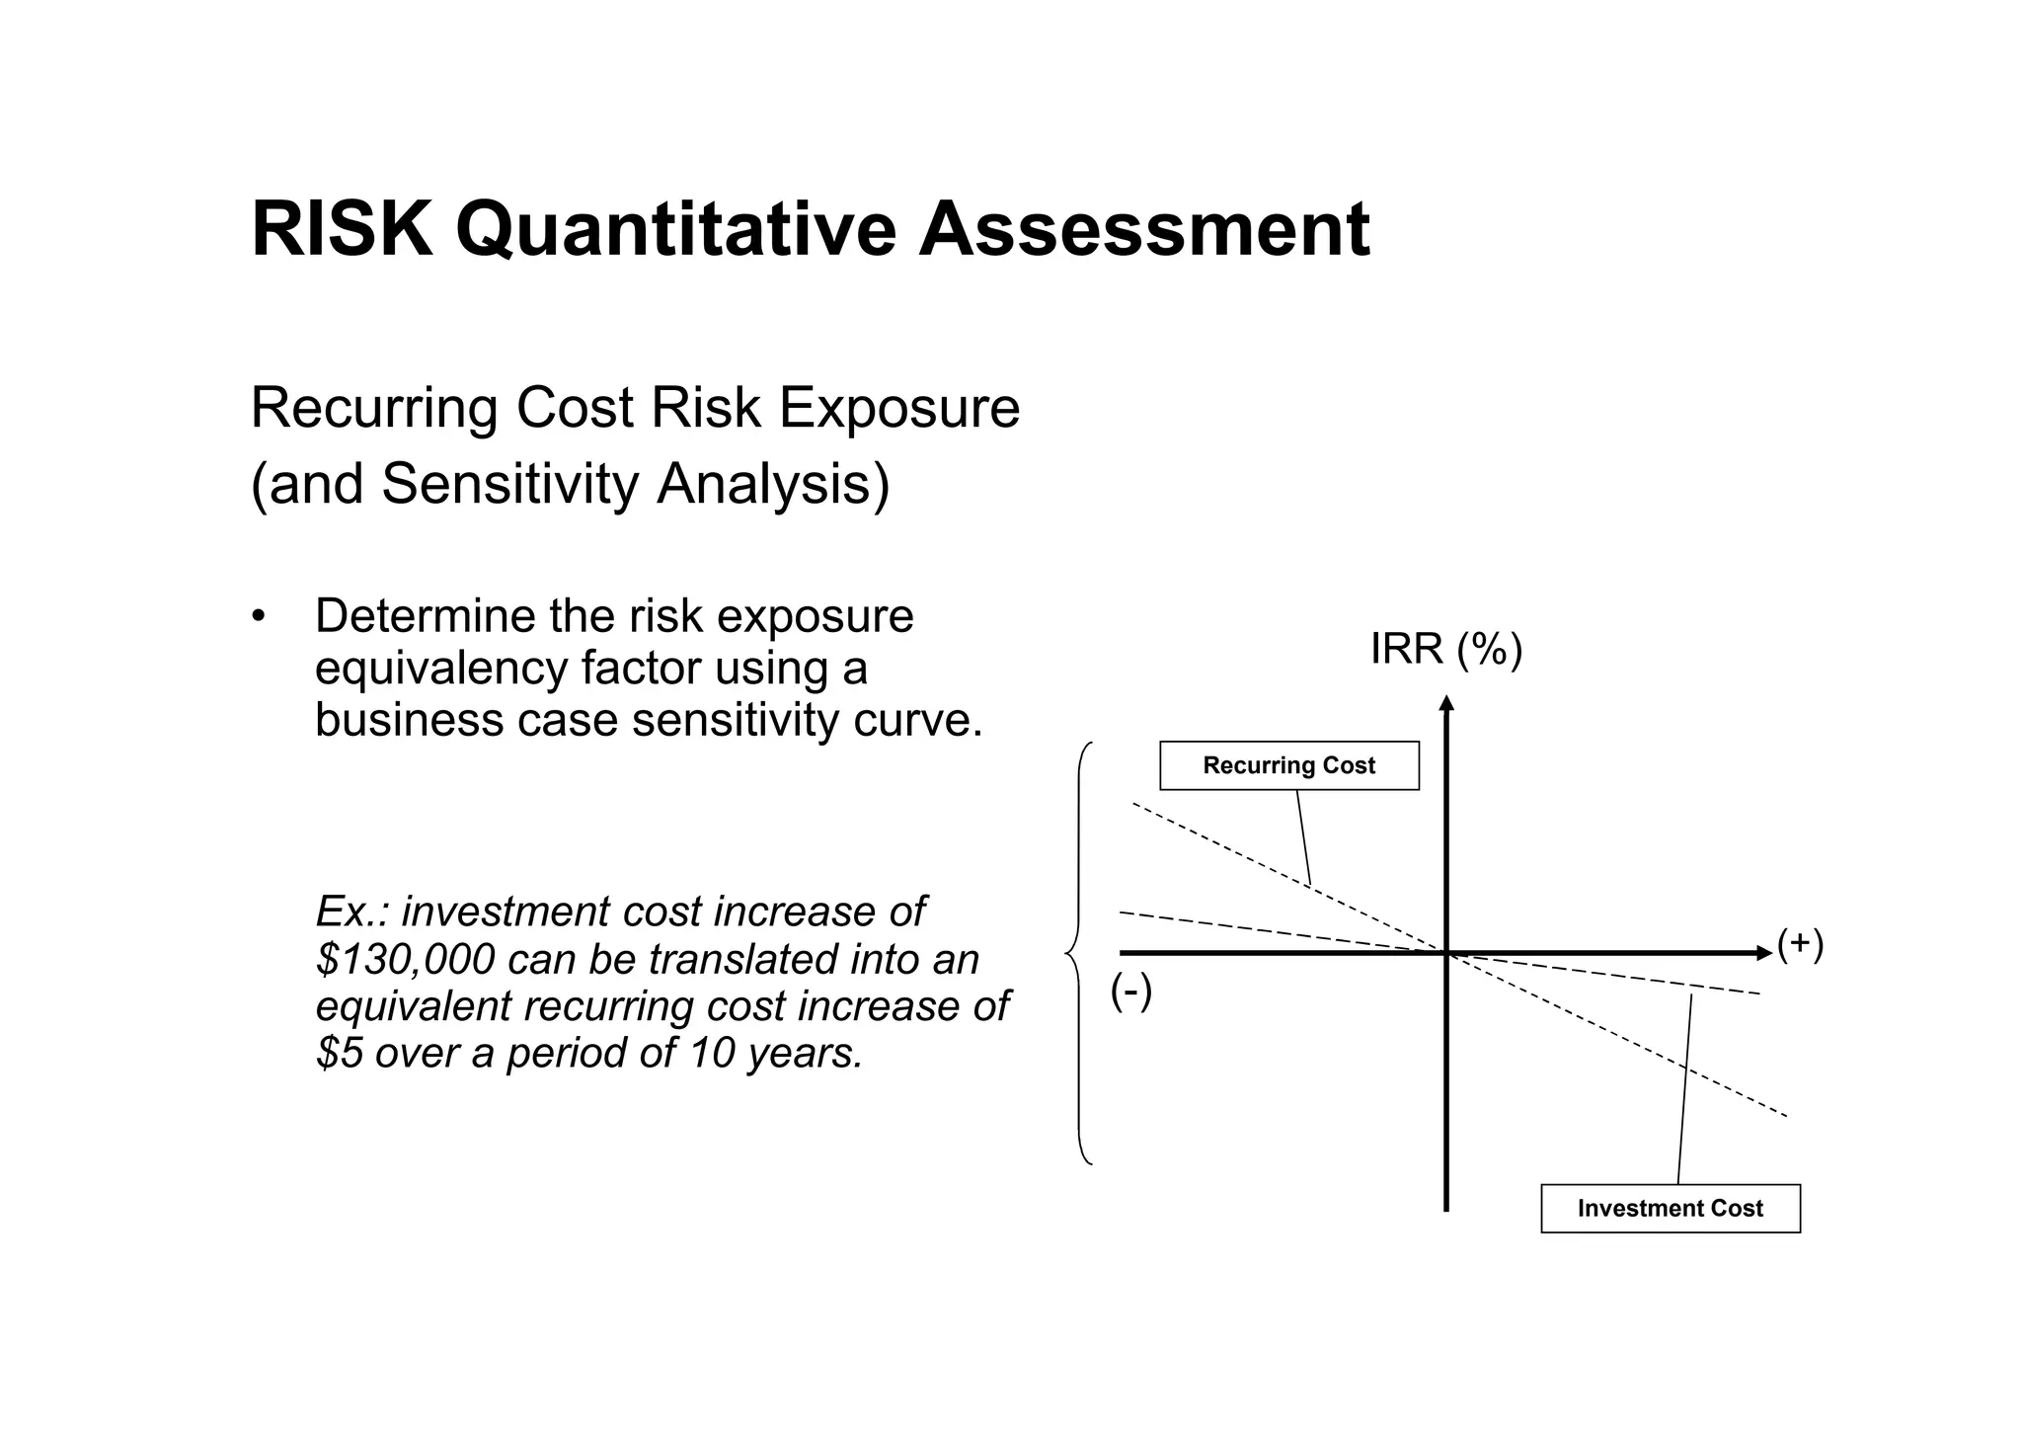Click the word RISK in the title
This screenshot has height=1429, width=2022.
(x=342, y=230)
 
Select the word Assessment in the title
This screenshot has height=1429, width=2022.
(x=1144, y=230)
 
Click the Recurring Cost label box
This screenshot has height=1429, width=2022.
(x=1288, y=765)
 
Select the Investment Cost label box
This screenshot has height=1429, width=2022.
(x=1670, y=1208)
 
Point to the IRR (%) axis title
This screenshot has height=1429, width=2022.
(x=1445, y=649)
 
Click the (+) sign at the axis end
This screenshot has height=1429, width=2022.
(x=1800, y=944)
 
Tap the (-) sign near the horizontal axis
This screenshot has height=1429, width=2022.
(x=1130, y=992)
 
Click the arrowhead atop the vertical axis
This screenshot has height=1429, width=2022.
(x=1446, y=703)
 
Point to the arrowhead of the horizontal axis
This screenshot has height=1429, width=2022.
(x=1765, y=953)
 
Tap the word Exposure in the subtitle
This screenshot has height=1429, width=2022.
(x=899, y=408)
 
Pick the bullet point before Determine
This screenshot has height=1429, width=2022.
(x=259, y=617)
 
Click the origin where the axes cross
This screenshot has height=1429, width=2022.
(x=1446, y=953)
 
